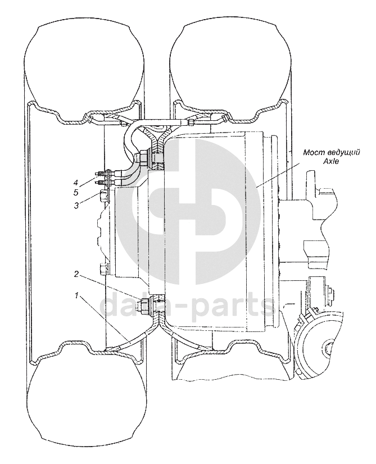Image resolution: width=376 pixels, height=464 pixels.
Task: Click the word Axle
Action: point(332,161)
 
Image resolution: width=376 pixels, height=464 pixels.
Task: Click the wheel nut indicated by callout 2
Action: point(145,306)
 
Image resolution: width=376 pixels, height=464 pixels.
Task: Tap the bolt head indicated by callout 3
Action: point(103,197)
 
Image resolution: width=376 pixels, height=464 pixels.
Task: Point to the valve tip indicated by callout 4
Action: point(99,172)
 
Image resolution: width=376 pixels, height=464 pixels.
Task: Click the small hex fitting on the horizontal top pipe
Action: point(192,121)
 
